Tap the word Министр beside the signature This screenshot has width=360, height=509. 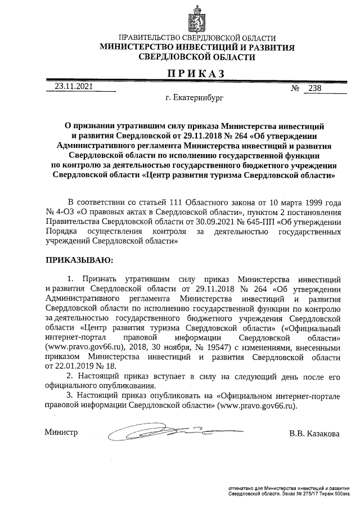[x=61, y=433]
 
